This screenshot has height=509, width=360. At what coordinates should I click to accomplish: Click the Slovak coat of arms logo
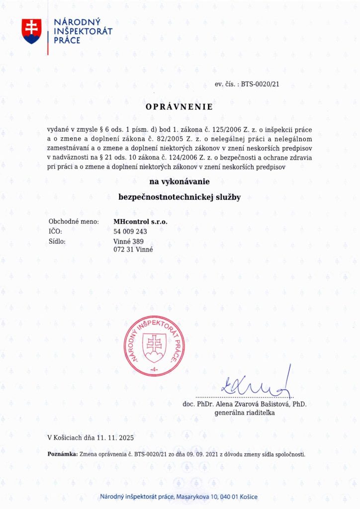(32, 31)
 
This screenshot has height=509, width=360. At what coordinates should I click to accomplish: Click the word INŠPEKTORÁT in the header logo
(83, 31)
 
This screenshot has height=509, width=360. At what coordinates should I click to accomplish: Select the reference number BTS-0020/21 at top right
(260, 85)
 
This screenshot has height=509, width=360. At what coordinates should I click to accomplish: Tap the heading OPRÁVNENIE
(179, 107)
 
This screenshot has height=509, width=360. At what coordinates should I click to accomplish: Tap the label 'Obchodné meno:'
(74, 222)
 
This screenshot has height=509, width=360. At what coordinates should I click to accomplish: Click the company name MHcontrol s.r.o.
(141, 222)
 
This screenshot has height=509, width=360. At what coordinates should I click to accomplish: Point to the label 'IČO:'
(55, 231)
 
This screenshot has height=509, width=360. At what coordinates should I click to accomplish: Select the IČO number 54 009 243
(130, 231)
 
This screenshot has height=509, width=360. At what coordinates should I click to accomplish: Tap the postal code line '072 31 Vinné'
(133, 250)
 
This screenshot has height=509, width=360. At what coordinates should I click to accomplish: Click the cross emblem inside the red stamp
(154, 344)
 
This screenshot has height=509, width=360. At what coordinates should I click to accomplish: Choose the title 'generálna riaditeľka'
(244, 413)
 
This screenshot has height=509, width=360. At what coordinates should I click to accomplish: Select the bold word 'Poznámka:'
(62, 454)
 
